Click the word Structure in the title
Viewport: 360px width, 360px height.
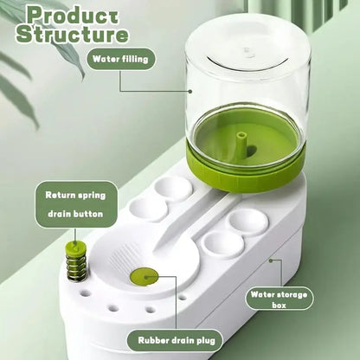[73, 35]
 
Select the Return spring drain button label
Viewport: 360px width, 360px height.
[75, 204]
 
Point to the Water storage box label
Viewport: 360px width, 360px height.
[279, 299]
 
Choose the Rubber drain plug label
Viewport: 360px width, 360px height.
[174, 340]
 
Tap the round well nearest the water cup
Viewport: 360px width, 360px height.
[174, 187]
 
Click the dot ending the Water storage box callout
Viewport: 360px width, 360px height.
[270, 258]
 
